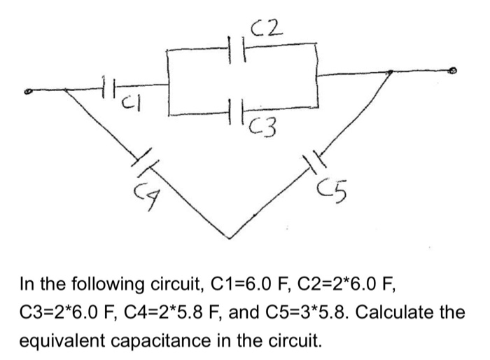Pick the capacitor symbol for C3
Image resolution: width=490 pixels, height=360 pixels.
pos(237,111)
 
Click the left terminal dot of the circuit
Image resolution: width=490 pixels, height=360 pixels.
pos(29,90)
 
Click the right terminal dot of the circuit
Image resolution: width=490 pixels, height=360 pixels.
pos(453,71)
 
